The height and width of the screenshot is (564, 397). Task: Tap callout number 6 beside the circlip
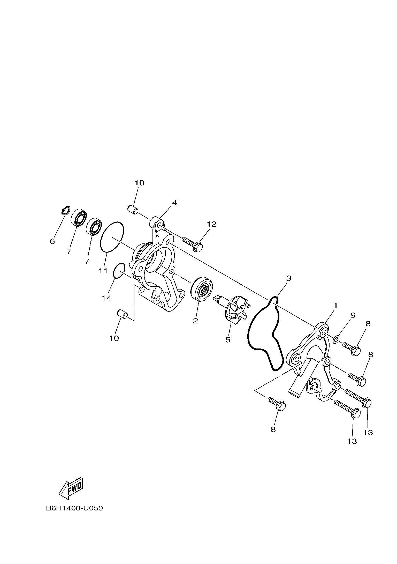(52, 241)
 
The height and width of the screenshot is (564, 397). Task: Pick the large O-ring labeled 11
(112, 236)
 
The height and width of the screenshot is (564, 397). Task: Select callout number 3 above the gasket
(289, 278)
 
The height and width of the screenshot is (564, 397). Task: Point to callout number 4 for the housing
(174, 203)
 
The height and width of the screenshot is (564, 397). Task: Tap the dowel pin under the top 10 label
(133, 209)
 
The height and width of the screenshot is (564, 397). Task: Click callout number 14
(106, 298)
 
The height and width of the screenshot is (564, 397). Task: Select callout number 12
(211, 224)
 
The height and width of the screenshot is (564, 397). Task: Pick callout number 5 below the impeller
(228, 340)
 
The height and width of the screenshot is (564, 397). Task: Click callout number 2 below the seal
(195, 321)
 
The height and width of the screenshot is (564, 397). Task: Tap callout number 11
(103, 271)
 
